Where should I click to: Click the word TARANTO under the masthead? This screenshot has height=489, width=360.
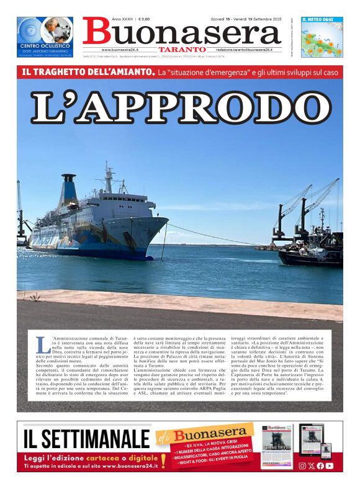coord(182,49)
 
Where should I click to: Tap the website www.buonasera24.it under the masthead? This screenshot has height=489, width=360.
coord(124,50)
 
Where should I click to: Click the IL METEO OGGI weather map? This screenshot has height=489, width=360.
coord(322,40)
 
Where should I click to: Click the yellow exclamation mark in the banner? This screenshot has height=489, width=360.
coord(163,459)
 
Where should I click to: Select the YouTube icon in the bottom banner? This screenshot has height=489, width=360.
coord(330,465)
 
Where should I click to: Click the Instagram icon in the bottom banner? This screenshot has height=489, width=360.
coord(302,465)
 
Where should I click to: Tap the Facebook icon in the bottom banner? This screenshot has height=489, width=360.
coord(320,465)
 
